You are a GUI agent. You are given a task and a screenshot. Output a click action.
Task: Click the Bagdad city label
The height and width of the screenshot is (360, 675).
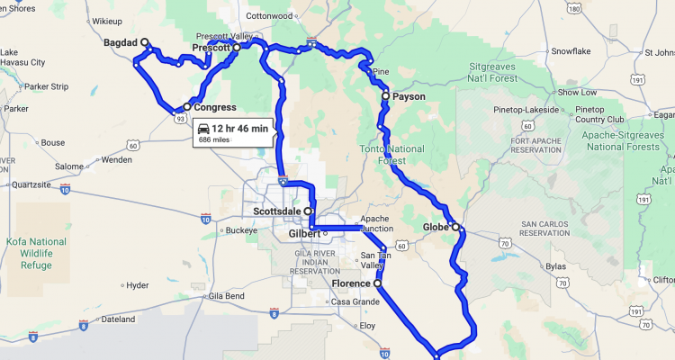(121, 41)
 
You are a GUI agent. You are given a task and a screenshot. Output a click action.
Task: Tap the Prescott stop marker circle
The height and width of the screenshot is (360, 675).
(237, 48)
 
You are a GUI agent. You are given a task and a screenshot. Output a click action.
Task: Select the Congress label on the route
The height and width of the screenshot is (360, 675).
(214, 107)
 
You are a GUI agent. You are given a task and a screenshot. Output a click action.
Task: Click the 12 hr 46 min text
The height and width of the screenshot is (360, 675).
(239, 128)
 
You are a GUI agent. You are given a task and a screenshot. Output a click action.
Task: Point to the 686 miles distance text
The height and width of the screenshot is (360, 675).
(214, 140)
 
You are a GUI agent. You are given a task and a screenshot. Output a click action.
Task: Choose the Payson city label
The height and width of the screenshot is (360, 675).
(409, 95)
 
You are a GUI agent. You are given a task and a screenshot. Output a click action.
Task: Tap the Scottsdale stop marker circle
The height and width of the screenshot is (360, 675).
(309, 211)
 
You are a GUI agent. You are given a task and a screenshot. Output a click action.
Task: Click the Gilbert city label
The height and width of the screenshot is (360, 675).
(303, 233)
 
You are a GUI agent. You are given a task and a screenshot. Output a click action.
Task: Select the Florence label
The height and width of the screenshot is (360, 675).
(351, 283)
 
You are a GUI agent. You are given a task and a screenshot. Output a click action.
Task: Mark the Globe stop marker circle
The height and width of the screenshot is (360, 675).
(455, 226)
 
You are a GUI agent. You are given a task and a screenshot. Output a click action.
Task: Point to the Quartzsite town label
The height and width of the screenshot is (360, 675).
(29, 184)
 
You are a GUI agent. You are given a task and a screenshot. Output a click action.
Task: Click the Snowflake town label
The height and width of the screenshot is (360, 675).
(571, 51)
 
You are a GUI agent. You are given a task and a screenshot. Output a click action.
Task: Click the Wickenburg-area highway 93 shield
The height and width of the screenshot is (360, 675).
(181, 117)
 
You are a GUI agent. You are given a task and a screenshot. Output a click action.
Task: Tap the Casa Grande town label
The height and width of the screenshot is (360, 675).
(354, 301)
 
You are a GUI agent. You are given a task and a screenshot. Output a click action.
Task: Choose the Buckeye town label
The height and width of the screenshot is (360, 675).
(241, 230)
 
